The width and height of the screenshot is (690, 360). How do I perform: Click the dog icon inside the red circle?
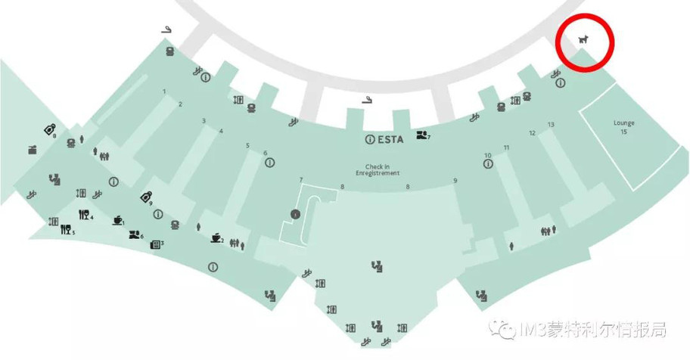(x=583, y=39)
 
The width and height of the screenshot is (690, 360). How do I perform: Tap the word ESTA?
(x=390, y=139)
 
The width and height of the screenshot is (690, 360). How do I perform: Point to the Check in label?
(x=377, y=167)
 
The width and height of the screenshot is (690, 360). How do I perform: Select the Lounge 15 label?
(x=624, y=127)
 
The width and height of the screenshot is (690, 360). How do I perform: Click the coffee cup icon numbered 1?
(x=117, y=220)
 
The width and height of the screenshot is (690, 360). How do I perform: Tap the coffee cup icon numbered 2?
(x=216, y=237)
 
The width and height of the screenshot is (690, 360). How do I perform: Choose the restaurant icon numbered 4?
(x=84, y=215)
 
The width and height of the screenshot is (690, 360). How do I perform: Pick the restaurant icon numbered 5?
(x=66, y=229)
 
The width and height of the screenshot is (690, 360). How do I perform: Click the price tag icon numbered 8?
(x=50, y=130)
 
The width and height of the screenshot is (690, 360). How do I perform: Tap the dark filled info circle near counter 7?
(x=295, y=214)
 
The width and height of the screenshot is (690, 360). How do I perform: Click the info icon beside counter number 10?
(x=488, y=164)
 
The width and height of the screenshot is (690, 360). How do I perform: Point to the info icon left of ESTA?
(x=370, y=139)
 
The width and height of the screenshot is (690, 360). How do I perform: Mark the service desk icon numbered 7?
(x=421, y=135)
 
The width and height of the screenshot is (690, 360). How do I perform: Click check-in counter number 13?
(x=551, y=125)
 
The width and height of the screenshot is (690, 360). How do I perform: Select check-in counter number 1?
(x=164, y=92)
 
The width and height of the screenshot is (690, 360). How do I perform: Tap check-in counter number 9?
(x=455, y=181)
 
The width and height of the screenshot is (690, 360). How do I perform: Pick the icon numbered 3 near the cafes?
(x=155, y=245)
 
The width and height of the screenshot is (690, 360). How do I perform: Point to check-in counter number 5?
(x=247, y=146)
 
